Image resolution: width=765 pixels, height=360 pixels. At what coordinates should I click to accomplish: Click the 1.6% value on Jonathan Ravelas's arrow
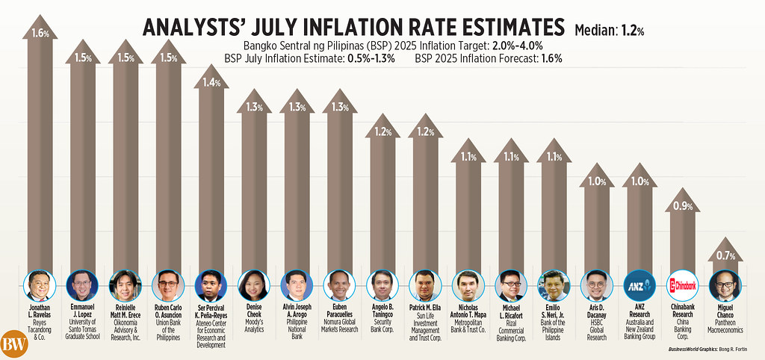tap(40, 34)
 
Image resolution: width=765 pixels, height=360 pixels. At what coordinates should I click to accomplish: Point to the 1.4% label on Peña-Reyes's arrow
tap(211, 82)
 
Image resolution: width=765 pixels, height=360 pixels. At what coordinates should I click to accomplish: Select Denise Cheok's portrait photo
tap(253, 285)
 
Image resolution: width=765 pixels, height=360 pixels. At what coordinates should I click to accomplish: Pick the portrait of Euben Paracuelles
tap(338, 285)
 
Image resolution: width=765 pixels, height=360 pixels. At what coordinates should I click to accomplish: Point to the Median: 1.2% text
tap(610, 31)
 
